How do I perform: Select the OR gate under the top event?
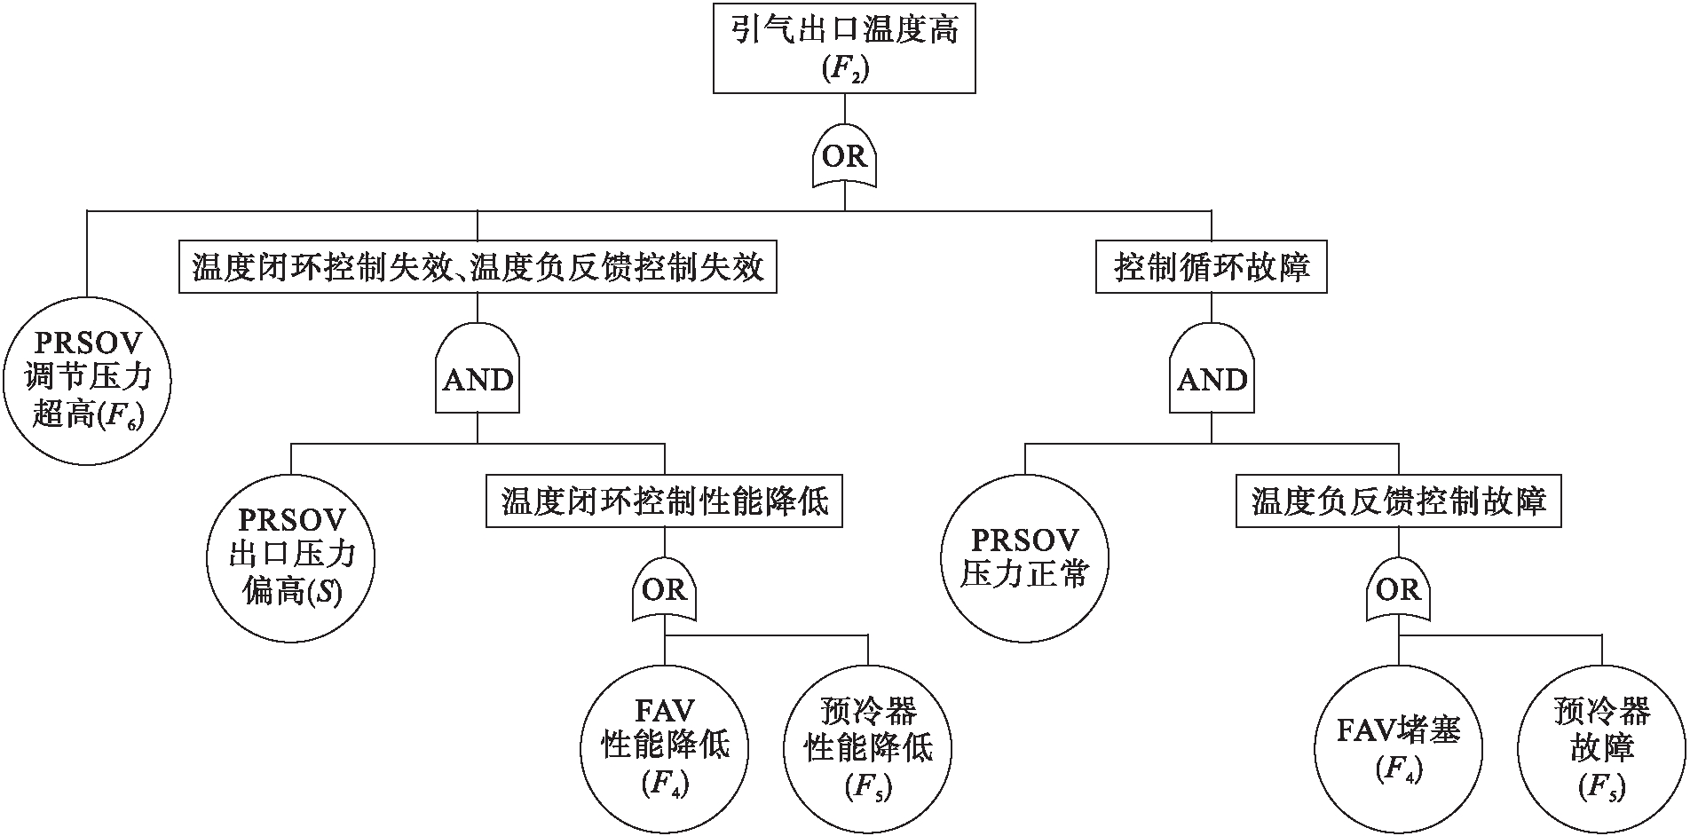point(844,157)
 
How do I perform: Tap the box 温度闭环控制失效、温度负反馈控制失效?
point(478,267)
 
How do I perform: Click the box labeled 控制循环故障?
point(1212,267)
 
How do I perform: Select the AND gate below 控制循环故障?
point(1212,379)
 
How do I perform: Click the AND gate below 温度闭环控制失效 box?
point(478,379)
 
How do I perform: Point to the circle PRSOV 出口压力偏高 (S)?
point(291,556)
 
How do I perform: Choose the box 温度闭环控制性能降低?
point(664,502)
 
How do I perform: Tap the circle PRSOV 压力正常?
point(1025,556)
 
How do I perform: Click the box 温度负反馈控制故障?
point(1398,502)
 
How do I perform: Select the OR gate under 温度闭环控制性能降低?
point(664,590)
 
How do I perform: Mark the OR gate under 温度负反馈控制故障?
point(1398,590)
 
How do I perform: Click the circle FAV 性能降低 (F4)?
point(664,746)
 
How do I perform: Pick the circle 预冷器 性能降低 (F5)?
point(868,746)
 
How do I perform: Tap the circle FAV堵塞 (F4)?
point(1398,746)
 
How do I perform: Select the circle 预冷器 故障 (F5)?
point(1602,746)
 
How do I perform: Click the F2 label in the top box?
point(844,70)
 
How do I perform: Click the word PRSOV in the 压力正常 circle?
point(1025,539)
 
